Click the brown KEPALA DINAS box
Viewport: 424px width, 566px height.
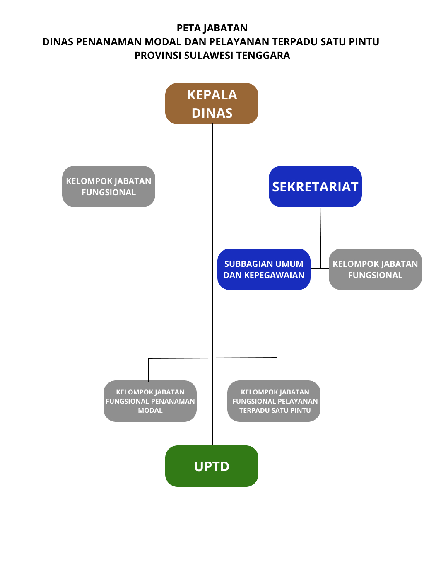pyautogui.click(x=212, y=104)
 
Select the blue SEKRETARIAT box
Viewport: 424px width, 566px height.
pyautogui.click(x=315, y=186)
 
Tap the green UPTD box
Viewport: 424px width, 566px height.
pyautogui.click(x=212, y=466)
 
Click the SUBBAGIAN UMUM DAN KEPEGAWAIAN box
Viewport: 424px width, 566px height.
pyautogui.click(x=264, y=269)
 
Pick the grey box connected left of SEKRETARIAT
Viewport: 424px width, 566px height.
pyautogui.click(x=108, y=186)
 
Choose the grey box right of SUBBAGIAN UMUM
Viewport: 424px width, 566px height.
pyautogui.click(x=375, y=269)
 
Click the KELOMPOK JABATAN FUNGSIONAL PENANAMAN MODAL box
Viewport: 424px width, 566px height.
pyautogui.click(x=150, y=401)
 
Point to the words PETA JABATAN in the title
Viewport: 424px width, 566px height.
pyautogui.click(x=212, y=28)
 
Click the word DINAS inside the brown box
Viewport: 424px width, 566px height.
pyautogui.click(x=212, y=113)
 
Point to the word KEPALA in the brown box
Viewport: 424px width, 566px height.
pyautogui.click(x=212, y=95)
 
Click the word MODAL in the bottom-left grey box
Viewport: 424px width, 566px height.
pyautogui.click(x=150, y=410)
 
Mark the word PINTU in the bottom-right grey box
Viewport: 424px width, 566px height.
pyautogui.click(x=300, y=410)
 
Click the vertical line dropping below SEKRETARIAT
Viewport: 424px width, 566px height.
pyautogui.click(x=320, y=236)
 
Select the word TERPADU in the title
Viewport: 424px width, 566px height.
pyautogui.click(x=294, y=42)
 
